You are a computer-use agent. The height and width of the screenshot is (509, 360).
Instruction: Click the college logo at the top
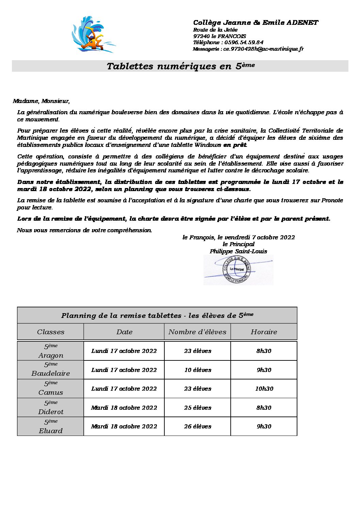pos(93,34)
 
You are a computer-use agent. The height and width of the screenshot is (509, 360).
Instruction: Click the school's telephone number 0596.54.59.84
pos(244,43)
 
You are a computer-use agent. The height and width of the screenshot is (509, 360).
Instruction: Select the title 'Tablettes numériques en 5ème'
pos(180,66)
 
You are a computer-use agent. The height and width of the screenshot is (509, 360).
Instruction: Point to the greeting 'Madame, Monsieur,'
pos(41,101)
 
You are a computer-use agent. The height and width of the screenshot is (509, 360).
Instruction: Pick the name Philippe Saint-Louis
pos(238,251)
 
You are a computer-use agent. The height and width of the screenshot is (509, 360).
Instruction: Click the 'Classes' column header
pos(50,332)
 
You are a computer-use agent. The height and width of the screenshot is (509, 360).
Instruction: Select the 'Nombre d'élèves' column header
pos(197,332)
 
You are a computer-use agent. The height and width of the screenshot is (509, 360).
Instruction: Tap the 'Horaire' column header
pos(264,332)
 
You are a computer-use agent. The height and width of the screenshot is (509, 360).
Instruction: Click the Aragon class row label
pos(50,351)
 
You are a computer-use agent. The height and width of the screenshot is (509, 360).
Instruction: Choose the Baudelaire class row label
pos(50,370)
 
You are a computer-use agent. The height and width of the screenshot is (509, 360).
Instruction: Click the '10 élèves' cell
pos(197,370)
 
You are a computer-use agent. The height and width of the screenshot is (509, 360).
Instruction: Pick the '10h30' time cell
pos(264,389)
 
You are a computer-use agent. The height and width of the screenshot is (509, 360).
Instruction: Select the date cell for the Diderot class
pos(124,408)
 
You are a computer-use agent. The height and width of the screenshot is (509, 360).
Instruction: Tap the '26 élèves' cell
pos(197,426)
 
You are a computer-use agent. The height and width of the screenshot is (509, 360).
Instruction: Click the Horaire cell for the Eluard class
pos(264,426)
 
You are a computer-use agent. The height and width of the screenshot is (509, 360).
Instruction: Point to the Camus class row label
pos(50,389)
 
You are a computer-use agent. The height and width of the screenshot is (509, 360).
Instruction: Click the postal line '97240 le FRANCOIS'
pos(219,36)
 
